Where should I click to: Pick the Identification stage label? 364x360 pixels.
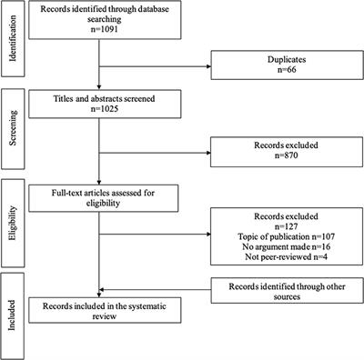(x=12, y=39)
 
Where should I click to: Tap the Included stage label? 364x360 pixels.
(x=12, y=317)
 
